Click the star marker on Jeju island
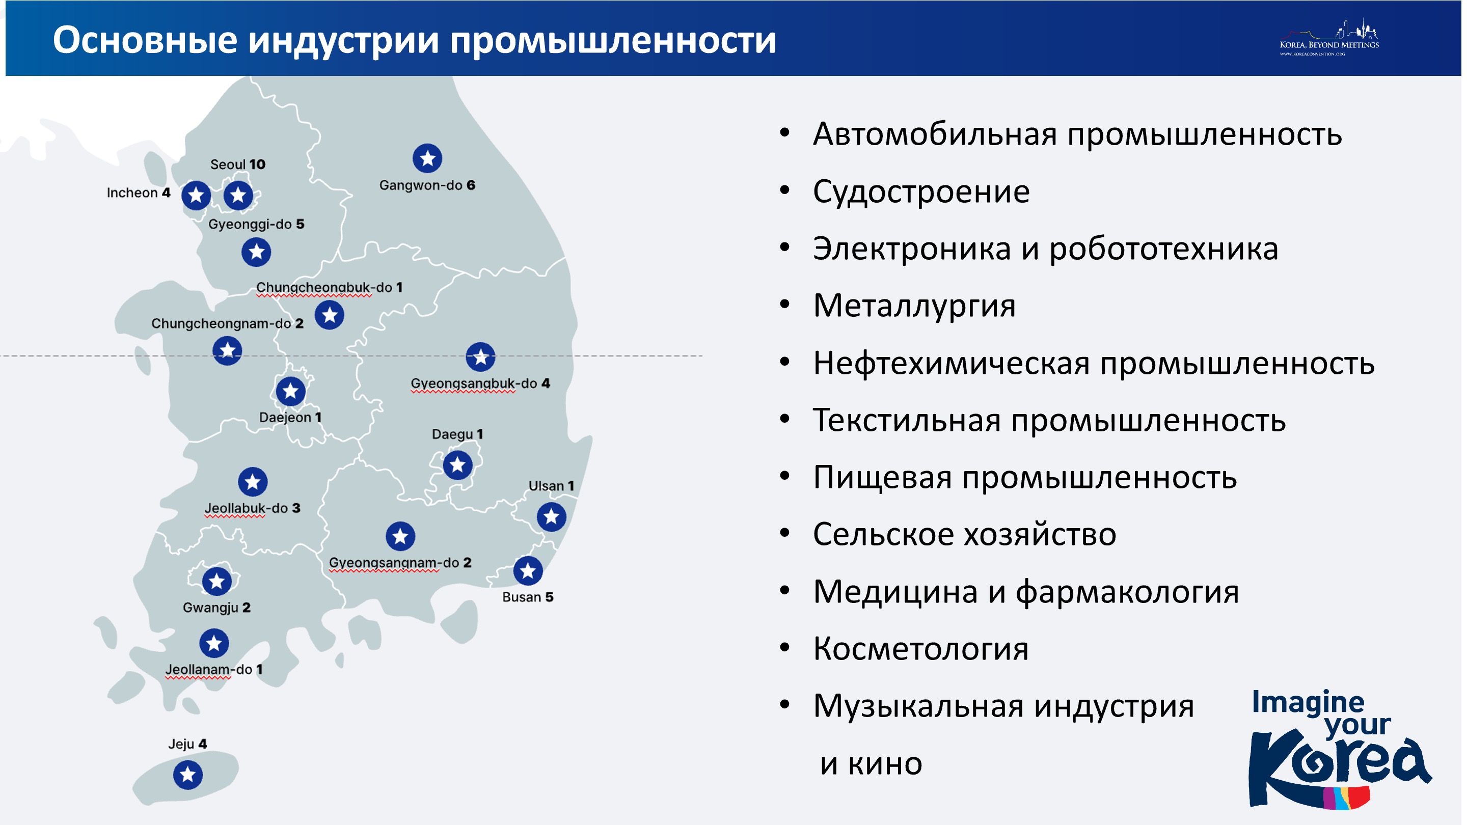coord(188,774)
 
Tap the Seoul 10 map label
coord(237,164)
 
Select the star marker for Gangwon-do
coord(428,158)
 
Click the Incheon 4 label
coord(139,193)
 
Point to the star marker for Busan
coord(528,570)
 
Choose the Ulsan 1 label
coord(551,486)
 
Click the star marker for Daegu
coord(458,465)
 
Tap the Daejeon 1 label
coord(290,418)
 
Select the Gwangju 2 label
coord(216,608)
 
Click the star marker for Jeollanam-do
coord(214,643)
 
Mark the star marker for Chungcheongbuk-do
coord(330,315)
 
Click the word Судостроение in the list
coord(921,192)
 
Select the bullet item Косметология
coord(921,648)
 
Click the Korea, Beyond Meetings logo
coord(1329,38)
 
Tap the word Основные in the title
coord(145,40)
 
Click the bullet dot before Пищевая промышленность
coord(785,476)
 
